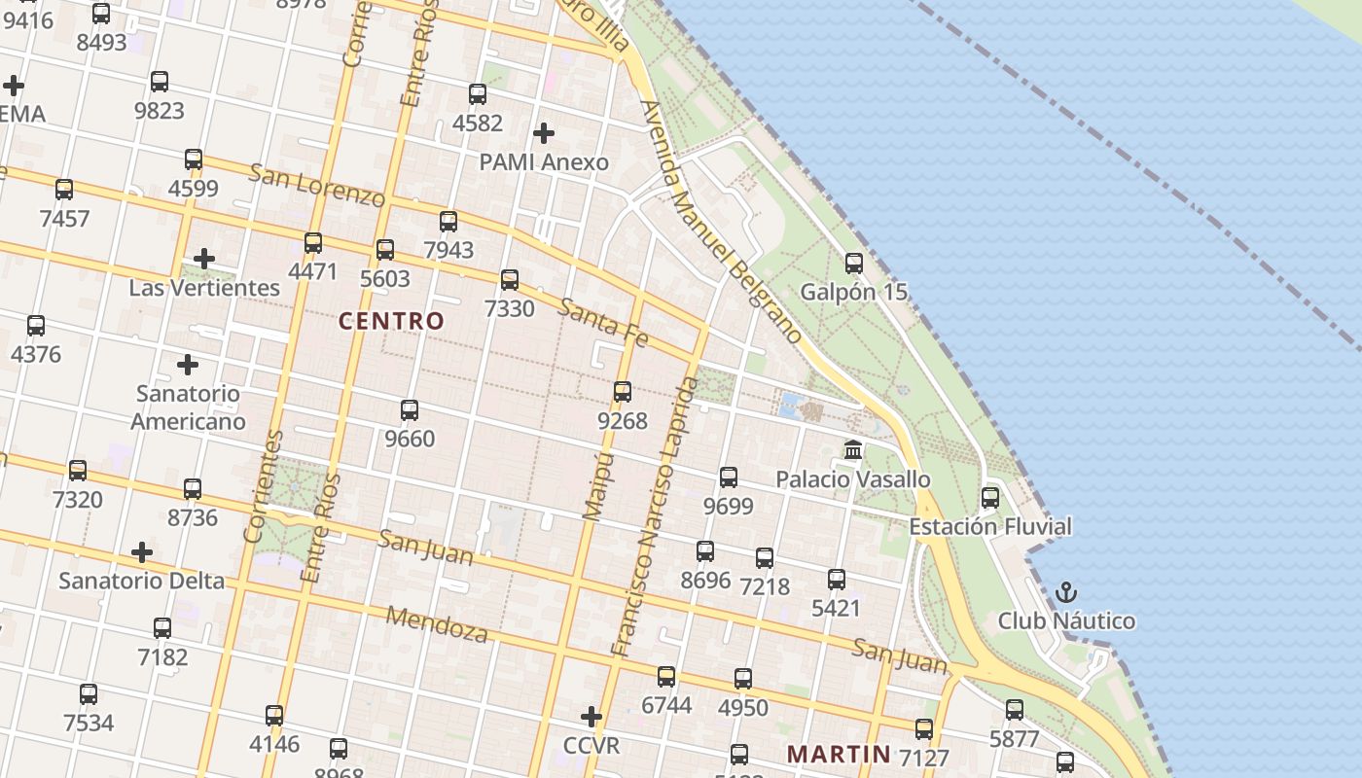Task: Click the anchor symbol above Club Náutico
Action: point(1067,591)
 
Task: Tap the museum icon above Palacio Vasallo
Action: point(854,449)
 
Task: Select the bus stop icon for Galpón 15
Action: point(854,263)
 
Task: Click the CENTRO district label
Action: point(391,321)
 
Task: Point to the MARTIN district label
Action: point(839,754)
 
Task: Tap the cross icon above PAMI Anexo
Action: point(544,132)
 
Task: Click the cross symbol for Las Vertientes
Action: point(203,259)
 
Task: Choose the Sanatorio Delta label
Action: point(142,581)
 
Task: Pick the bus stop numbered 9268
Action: point(623,392)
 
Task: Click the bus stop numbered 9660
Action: point(410,409)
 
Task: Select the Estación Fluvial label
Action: point(990,526)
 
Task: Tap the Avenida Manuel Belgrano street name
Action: point(723,222)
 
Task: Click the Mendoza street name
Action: point(437,624)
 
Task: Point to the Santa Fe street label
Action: point(603,322)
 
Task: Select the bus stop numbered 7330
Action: point(510,280)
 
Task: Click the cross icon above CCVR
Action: point(591,717)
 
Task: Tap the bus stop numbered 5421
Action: point(837,580)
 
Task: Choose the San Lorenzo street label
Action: point(317,185)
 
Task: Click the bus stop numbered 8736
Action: point(193,488)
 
